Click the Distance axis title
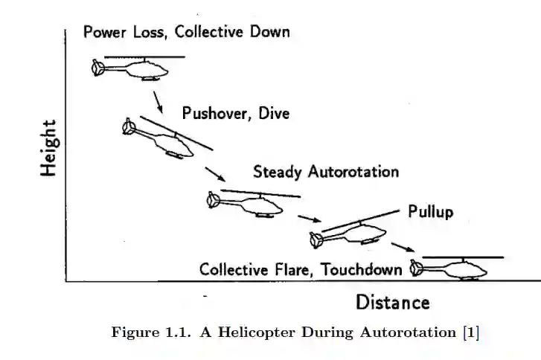(392, 303)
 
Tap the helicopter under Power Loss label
(134, 69)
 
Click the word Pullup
(430, 212)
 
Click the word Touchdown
(362, 269)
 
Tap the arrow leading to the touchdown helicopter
(403, 248)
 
